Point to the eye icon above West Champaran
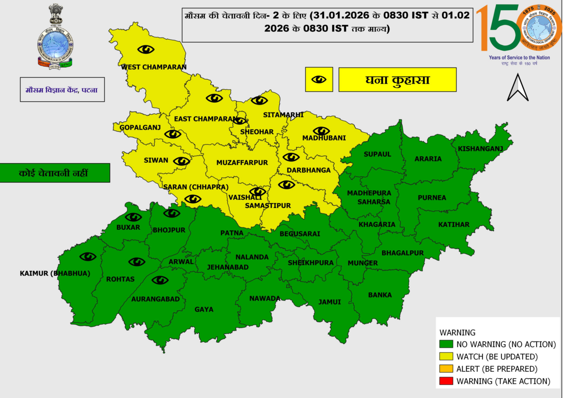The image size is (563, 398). point(146,49)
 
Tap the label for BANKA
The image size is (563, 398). point(380,295)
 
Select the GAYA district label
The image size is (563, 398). point(204,309)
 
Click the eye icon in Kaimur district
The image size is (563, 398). point(88,256)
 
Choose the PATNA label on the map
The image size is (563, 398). point(232,233)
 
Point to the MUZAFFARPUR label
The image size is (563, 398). point(242,163)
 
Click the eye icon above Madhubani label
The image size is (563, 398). point(321,131)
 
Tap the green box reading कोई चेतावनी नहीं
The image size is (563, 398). point(55,173)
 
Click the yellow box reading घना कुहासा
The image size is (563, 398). point(397,80)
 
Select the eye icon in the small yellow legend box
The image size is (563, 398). point(319,79)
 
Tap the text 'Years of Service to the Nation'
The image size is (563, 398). point(519,57)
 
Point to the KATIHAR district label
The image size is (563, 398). point(454,225)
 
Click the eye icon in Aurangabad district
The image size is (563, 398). point(160,280)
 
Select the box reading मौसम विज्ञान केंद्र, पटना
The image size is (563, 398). point(62,90)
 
